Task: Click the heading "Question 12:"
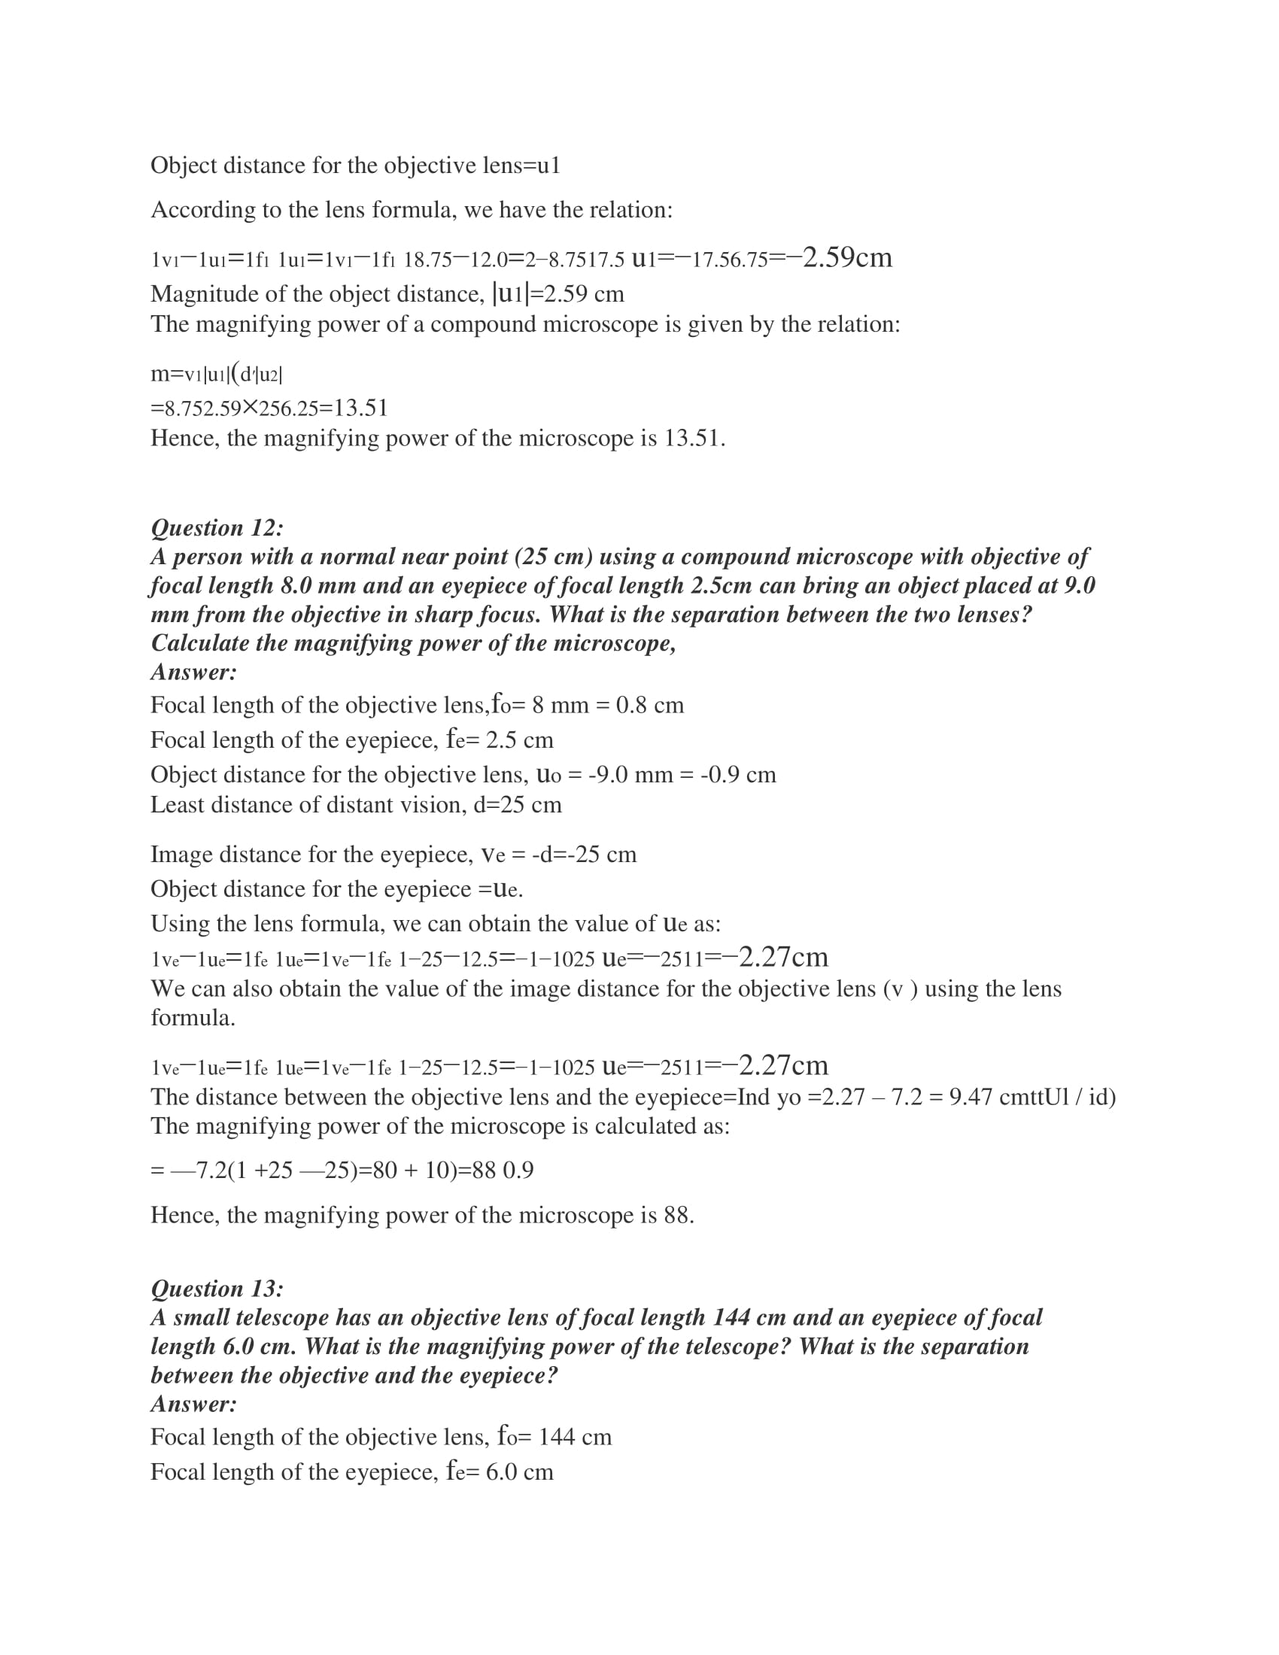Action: pyautogui.click(x=217, y=527)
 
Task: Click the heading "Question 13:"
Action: pyautogui.click(x=217, y=1288)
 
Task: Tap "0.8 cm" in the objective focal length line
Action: pyautogui.click(x=649, y=706)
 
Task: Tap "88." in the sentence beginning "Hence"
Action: pyautogui.click(x=679, y=1216)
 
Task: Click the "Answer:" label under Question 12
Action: pyautogui.click(x=194, y=672)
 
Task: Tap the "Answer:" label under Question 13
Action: pyautogui.click(x=194, y=1404)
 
